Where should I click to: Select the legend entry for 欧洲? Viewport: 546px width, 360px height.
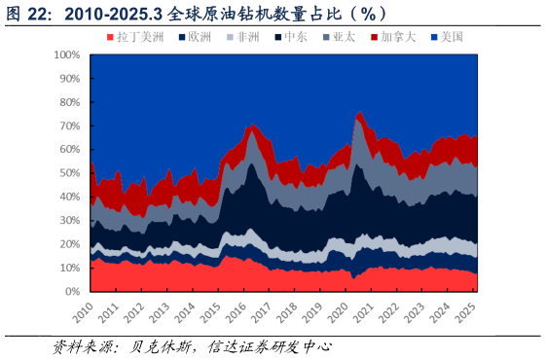(x=193, y=37)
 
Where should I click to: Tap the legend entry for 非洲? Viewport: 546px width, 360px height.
(x=242, y=37)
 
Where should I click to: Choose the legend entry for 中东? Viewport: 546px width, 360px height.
(x=290, y=37)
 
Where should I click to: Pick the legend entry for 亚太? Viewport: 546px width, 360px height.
(x=338, y=37)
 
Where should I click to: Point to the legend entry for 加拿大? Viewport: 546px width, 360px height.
(x=391, y=37)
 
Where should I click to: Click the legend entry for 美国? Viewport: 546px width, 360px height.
(x=445, y=37)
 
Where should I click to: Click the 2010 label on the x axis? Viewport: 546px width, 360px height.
(x=84, y=312)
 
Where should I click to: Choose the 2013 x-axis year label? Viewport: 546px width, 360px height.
(x=160, y=312)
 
